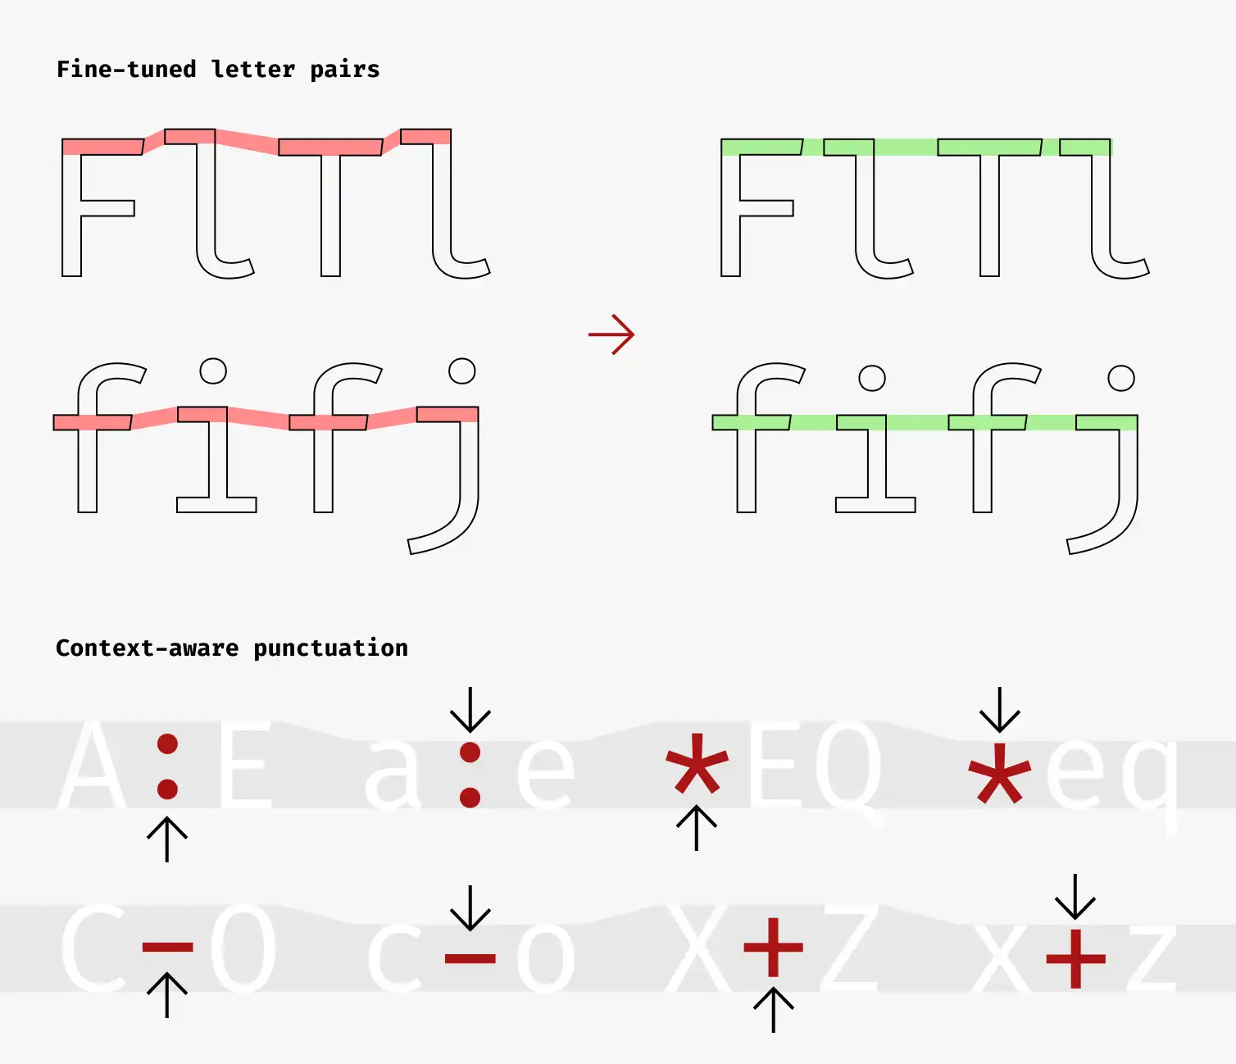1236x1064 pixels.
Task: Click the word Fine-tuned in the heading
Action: [125, 70]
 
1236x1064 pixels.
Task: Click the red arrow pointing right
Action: [611, 334]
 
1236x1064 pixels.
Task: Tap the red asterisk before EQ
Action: [697, 763]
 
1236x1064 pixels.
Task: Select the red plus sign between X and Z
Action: [773, 948]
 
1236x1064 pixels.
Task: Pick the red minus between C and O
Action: [167, 948]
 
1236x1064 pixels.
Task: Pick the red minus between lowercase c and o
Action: [470, 958]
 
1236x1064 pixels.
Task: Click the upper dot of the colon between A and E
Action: [167, 744]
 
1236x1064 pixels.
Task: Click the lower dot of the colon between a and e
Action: [470, 797]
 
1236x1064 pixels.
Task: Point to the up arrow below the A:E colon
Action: [167, 839]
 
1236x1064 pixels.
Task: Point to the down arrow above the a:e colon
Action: [470, 710]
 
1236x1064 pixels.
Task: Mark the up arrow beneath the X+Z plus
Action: [773, 1009]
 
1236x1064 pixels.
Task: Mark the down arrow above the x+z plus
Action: [1075, 897]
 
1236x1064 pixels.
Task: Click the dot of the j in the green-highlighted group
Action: [1120, 378]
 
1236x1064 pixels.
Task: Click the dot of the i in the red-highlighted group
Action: [213, 371]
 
